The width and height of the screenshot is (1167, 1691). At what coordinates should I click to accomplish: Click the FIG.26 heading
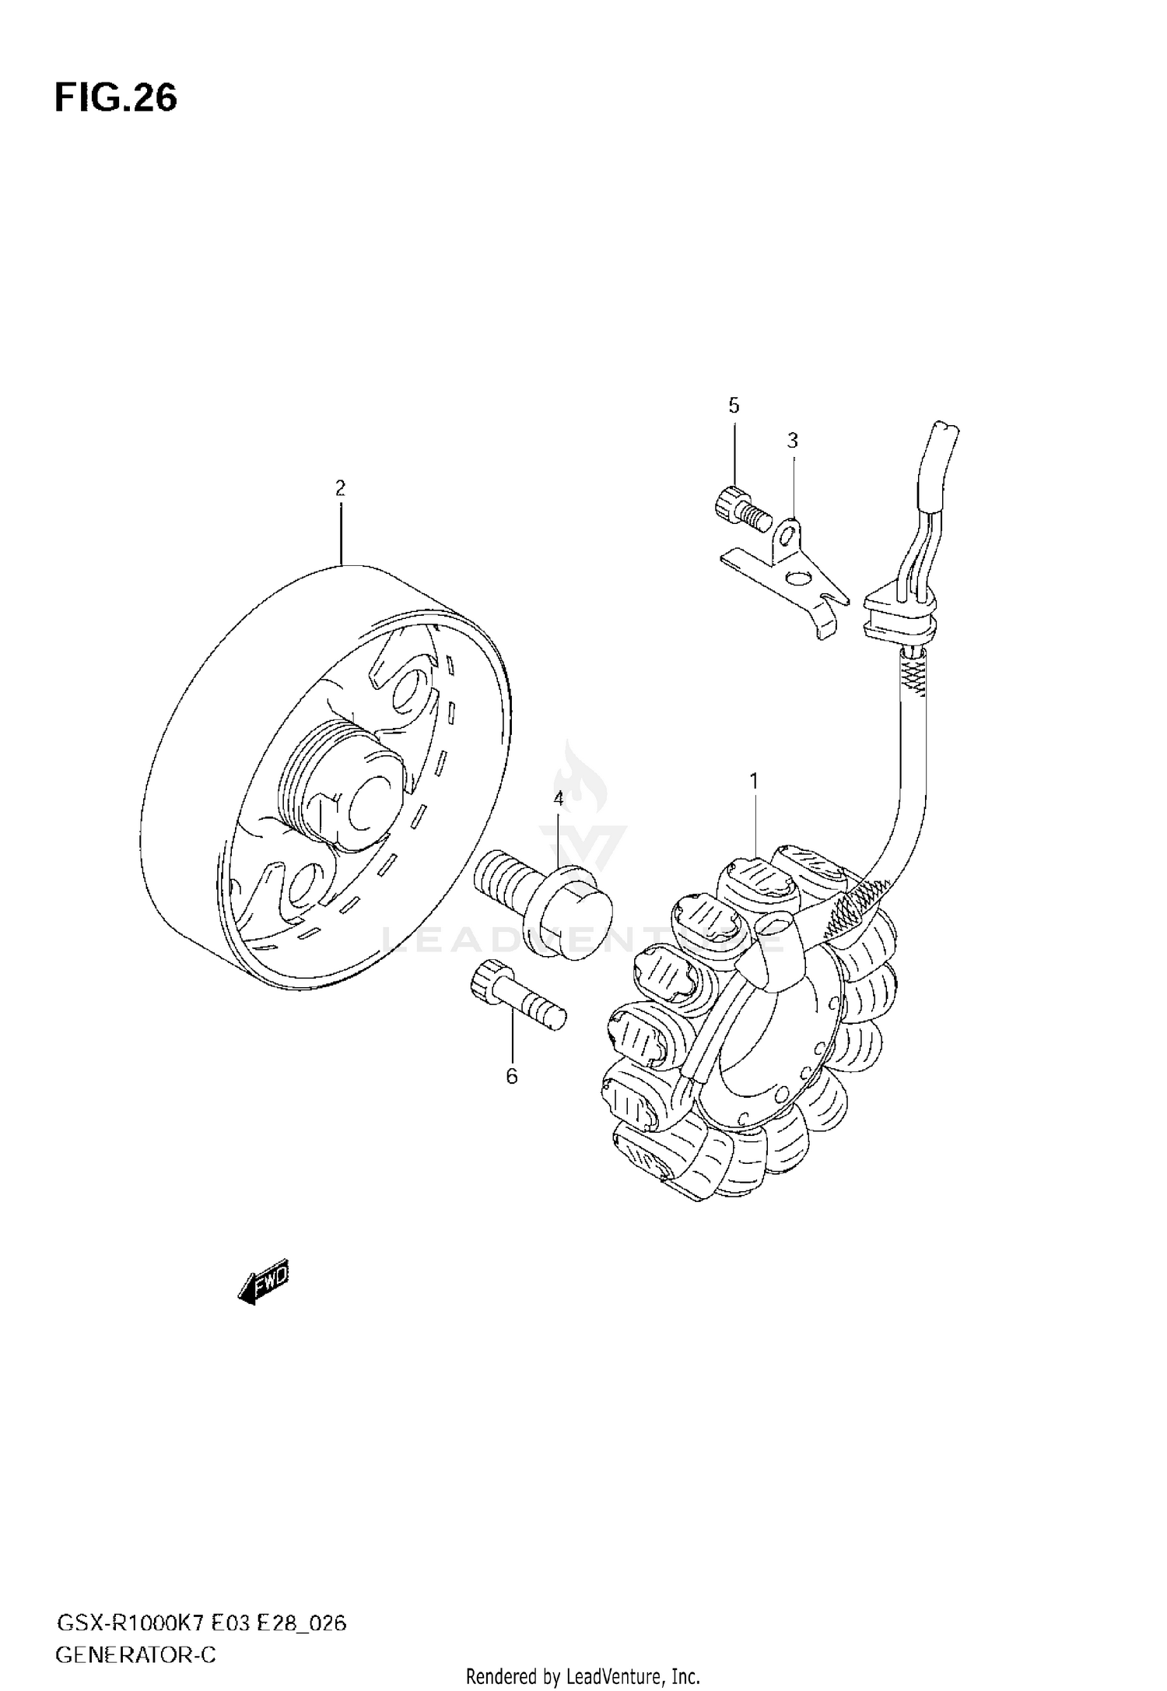(x=116, y=99)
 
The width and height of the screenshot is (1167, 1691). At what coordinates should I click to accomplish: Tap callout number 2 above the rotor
(x=340, y=488)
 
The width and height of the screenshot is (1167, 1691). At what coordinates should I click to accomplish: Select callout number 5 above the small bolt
(x=734, y=406)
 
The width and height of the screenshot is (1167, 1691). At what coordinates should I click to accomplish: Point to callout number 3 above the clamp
(x=792, y=441)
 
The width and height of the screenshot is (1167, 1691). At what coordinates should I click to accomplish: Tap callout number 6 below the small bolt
(x=511, y=1076)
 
